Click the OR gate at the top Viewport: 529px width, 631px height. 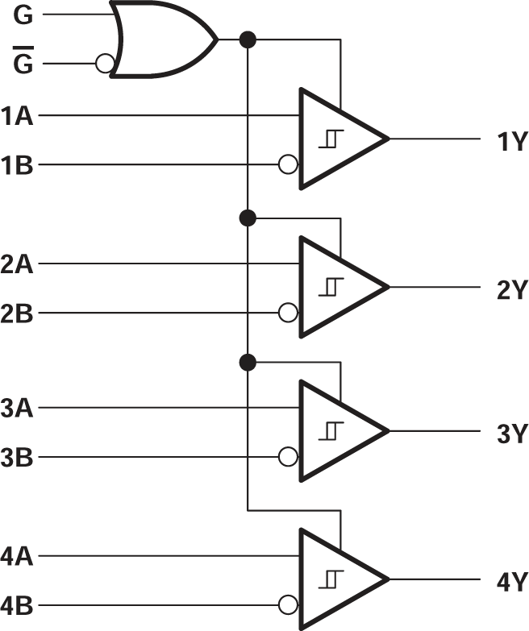coord(161,39)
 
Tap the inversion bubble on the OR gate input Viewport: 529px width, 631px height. coord(102,64)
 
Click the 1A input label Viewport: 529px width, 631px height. coord(17,115)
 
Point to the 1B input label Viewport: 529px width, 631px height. coord(17,165)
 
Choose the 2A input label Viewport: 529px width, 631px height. coord(17,264)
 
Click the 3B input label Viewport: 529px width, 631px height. coord(17,459)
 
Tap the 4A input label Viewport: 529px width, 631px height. coord(17,555)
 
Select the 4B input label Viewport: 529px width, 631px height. coord(17,605)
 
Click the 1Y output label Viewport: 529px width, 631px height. coord(510,143)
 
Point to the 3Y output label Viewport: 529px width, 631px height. coord(510,435)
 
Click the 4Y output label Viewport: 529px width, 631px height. coord(510,581)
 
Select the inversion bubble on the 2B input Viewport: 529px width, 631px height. coord(287,313)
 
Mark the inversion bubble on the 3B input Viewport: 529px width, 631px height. coord(287,459)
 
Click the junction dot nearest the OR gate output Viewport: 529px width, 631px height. coord(248,39)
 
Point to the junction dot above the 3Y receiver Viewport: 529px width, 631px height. coord(248,363)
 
